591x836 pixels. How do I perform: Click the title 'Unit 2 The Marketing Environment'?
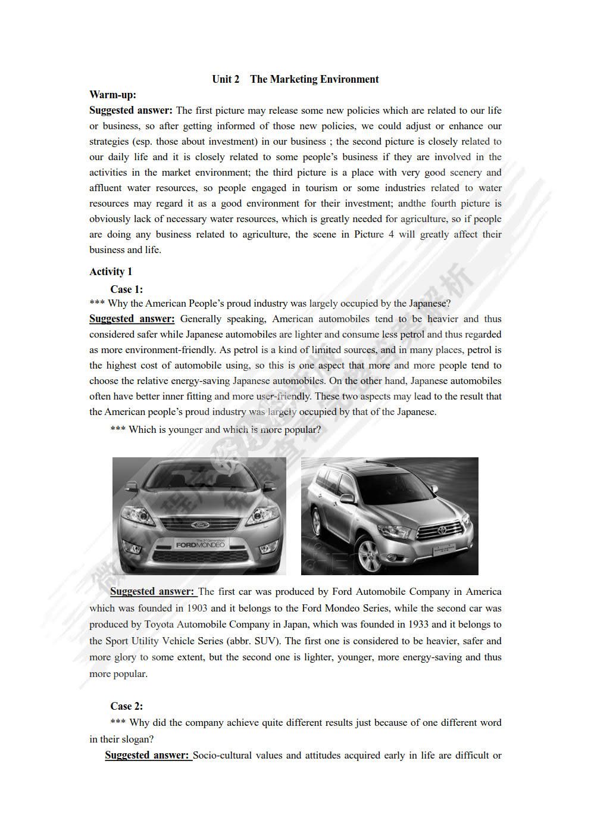(295, 79)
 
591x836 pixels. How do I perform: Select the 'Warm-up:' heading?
(112, 95)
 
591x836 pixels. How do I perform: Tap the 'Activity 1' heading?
(111, 272)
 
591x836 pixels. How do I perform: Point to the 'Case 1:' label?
(126, 289)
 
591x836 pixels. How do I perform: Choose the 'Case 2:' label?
(126, 706)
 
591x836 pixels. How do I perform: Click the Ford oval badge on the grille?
(198, 525)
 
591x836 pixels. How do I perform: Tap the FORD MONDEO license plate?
(199, 544)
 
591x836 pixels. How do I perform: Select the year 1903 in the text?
(197, 608)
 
